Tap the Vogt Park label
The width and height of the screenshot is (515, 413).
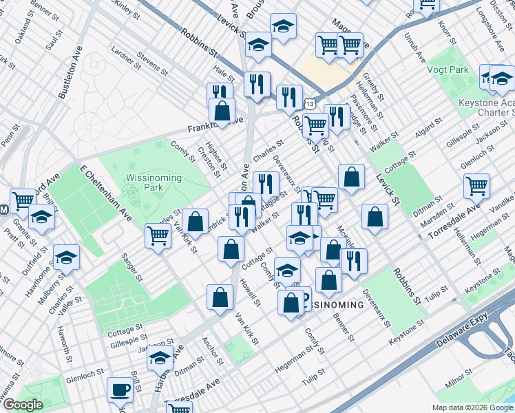(x=448, y=70)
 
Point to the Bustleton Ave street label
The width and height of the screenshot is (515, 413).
(x=70, y=73)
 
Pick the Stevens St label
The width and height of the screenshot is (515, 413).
(x=152, y=63)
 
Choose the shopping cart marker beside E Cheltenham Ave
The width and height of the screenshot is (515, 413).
(x=158, y=235)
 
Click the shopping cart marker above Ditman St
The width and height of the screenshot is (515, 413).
(x=476, y=185)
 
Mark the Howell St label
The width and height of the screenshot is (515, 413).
(x=250, y=293)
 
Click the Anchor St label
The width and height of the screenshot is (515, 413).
(x=211, y=350)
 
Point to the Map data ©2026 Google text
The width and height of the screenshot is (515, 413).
(x=472, y=407)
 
